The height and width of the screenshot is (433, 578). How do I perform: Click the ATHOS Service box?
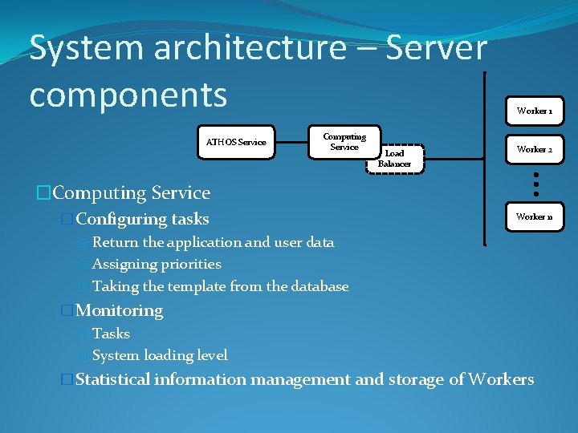[236, 142]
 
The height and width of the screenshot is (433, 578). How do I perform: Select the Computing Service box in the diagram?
[344, 141]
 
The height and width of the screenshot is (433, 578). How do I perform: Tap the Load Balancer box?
[394, 158]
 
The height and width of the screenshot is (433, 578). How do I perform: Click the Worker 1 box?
[534, 111]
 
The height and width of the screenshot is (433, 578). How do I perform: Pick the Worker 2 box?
[534, 149]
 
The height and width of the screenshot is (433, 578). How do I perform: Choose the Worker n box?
[534, 216]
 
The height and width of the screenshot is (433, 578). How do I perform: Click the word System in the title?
[83, 48]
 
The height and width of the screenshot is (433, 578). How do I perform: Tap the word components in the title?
[128, 94]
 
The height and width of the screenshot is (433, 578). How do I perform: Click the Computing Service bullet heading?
[131, 192]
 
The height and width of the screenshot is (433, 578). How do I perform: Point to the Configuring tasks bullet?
[142, 219]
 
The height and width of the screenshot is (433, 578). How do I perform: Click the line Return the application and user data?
[213, 242]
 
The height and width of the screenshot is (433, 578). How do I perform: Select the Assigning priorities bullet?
[157, 264]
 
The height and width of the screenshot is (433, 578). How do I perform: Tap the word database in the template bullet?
[320, 286]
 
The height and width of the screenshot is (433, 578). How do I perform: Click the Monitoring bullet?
[119, 310]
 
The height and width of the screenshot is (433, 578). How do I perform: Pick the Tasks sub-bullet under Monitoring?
[111, 334]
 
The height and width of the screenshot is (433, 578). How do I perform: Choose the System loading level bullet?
[160, 355]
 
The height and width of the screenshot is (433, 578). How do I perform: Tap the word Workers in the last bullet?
[501, 379]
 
